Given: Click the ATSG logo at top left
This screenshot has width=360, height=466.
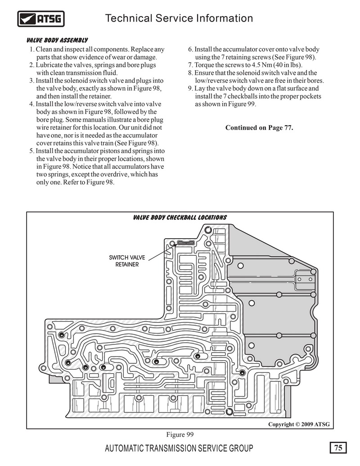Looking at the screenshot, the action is coord(40,19).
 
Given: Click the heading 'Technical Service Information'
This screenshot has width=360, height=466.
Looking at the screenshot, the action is coord(179,18).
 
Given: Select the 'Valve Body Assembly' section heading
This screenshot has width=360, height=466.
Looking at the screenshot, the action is coord(57,40).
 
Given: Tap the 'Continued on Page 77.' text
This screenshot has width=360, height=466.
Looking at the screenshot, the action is coord(259,127).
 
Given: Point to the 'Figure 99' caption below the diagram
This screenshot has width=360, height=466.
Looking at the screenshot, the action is coord(180,434).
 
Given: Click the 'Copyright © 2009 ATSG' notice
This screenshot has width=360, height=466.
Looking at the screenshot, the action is coord(299,424).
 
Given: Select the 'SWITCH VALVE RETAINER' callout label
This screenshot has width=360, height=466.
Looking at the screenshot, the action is coord(127,261).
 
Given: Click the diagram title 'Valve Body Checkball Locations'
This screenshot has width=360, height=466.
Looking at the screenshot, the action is coord(180,217).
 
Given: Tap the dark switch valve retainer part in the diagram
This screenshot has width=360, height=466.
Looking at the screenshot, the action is coord(186,243).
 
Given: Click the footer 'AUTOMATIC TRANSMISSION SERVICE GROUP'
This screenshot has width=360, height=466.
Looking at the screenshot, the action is coord(179,448).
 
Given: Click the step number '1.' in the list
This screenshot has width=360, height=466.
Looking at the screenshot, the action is coord(32,50).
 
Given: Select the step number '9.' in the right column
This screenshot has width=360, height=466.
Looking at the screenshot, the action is coord(190,88).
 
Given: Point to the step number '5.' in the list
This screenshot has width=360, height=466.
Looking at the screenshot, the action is coord(32,151).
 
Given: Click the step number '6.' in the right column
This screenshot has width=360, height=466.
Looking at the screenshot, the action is coord(190,50).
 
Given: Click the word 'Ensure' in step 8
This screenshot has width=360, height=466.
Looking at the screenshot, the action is coord(204,73).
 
